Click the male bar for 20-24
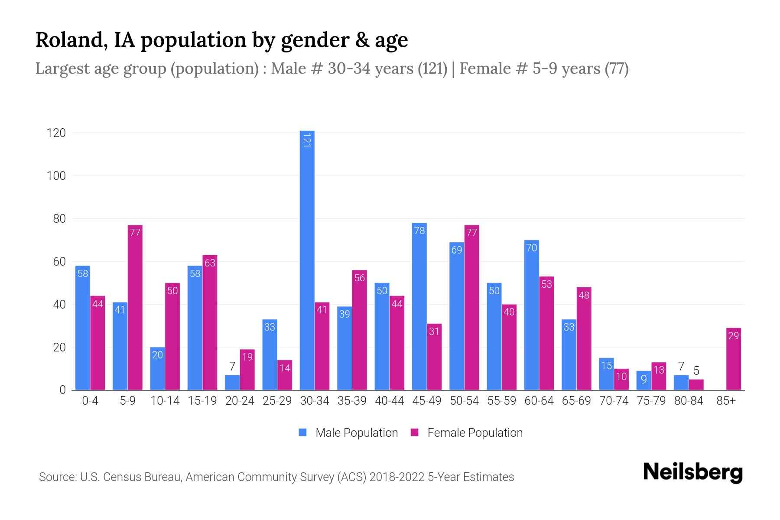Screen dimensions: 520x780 [x=232, y=383]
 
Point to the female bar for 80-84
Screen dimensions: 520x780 [x=696, y=385]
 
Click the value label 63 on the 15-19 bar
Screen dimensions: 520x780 [x=210, y=263]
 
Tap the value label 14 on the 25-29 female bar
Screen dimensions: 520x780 [x=285, y=368]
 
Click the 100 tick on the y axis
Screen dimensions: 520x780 [x=56, y=176]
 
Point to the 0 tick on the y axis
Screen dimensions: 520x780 [x=62, y=390]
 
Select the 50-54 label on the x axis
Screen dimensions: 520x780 [x=464, y=401]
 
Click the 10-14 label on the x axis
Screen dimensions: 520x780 [x=165, y=401]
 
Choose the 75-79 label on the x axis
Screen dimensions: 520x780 [x=651, y=401]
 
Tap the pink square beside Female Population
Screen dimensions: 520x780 [x=415, y=432]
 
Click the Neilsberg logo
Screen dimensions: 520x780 [x=692, y=472]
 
